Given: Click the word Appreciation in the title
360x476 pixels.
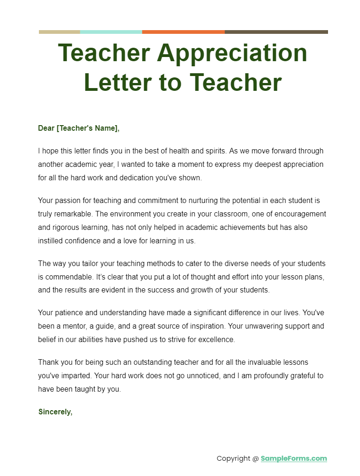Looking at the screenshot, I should [232, 53].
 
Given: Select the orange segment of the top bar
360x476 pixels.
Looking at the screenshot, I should [183, 32].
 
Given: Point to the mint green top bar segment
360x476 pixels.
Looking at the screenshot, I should [111, 32].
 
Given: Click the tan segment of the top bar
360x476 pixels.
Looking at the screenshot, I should [59, 32].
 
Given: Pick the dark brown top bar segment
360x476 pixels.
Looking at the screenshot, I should [276, 32].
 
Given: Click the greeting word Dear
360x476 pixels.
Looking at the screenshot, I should [46, 128].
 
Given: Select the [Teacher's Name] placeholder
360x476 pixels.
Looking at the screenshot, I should [88, 128].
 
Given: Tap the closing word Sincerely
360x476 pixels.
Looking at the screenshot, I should [55, 412].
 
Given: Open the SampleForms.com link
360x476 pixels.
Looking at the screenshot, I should [294, 458].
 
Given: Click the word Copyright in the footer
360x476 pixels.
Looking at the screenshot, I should [233, 458].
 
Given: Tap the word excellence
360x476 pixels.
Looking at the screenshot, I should [216, 340].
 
